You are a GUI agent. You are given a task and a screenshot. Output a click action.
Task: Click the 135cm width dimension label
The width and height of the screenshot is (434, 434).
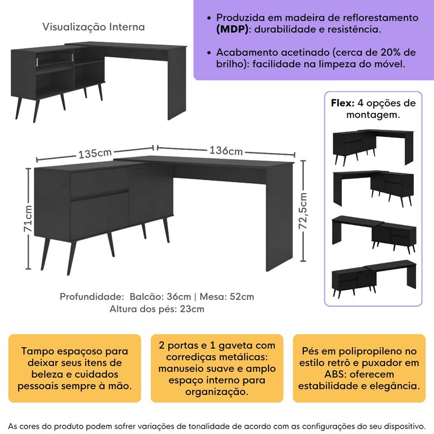tap(95, 153)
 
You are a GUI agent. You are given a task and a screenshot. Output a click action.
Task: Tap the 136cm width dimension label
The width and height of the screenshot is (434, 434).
tap(227, 151)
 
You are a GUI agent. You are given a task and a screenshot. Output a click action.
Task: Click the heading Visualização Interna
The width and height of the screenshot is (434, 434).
tap(94, 27)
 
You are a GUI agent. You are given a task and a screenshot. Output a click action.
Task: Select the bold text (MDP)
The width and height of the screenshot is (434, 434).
tap(230, 29)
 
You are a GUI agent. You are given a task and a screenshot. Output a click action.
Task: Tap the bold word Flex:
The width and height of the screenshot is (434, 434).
tap(342, 103)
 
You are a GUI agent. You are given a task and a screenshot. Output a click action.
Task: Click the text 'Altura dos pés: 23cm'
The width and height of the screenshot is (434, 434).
tap(157, 309)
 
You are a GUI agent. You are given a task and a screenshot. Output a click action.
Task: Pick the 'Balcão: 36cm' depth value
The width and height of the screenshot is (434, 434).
tap(161, 297)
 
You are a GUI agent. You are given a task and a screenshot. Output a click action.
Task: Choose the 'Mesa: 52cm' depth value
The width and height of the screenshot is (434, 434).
tap(227, 297)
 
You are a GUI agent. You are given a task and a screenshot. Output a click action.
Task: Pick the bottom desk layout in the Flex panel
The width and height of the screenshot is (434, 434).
tap(373, 281)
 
